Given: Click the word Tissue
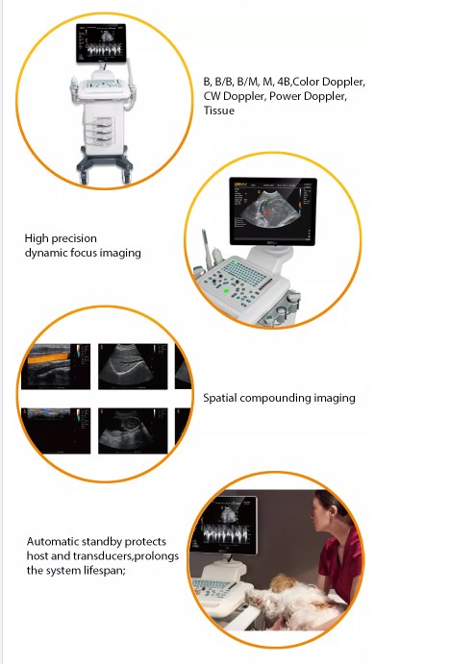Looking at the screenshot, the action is point(218,111).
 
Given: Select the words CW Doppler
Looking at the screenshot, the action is point(235,96).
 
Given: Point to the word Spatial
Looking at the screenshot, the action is point(219,398).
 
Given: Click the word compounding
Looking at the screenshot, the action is point(275,398).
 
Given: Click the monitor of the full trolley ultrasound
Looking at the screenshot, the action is point(101,43).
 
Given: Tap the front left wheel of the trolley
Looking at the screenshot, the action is point(84,178).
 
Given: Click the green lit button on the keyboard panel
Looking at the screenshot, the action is point(226,291).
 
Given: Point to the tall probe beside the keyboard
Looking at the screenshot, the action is point(207,250).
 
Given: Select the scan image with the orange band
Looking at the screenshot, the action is point(56,366).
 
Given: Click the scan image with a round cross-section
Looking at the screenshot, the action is point(133,430).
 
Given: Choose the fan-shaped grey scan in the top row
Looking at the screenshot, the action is point(133,366).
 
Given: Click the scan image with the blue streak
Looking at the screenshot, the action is point(56,430).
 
